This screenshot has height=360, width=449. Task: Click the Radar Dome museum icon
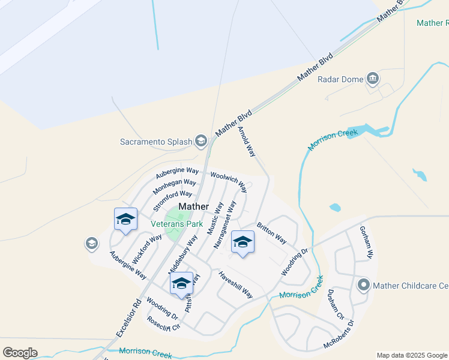[x=373, y=79]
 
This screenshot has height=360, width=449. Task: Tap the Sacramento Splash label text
[x=155, y=142]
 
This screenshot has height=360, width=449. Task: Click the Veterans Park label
[x=176, y=224]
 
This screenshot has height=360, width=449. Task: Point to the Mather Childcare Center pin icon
[x=363, y=286]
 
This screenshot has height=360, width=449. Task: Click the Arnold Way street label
[x=247, y=142]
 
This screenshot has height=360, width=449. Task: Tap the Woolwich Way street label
[x=228, y=182]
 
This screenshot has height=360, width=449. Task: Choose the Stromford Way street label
[x=172, y=200]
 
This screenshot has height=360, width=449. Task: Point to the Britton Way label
[x=271, y=233]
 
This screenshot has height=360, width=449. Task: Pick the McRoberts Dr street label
[x=339, y=338]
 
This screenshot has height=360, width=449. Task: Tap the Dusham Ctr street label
[x=335, y=304]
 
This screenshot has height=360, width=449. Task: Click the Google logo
[x=20, y=352]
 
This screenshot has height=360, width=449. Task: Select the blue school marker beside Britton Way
[x=243, y=242]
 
